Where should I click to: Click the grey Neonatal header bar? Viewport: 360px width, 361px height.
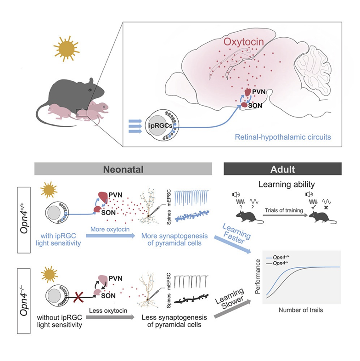tap(123, 169)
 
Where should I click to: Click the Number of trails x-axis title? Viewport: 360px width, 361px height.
tap(300, 310)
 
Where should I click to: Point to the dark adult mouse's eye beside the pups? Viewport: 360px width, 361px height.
tap(90, 87)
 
